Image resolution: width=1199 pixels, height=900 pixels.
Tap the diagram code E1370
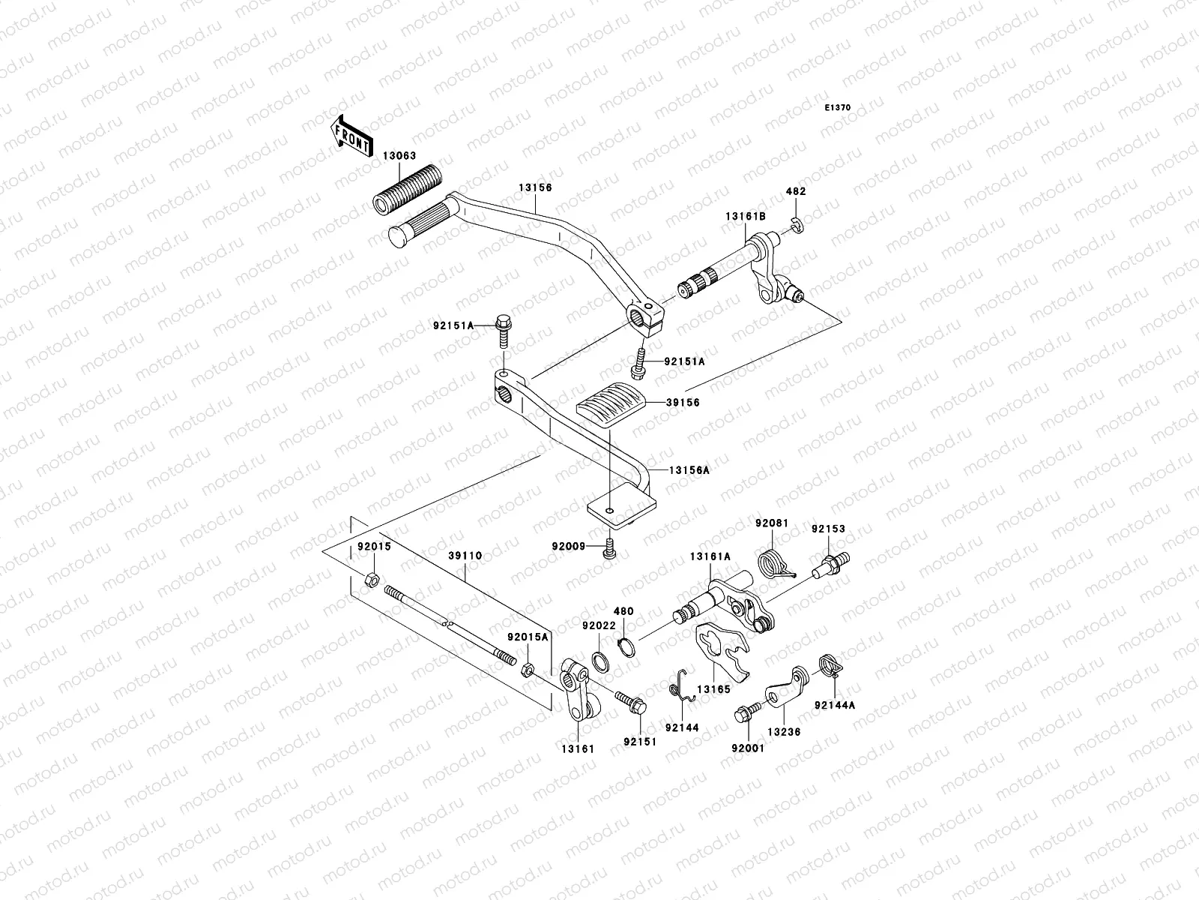[x=839, y=108]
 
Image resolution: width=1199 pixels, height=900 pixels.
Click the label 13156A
[x=689, y=470]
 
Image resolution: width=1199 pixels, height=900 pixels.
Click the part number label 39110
[x=465, y=556]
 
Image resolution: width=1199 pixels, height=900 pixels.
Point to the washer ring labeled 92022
[x=600, y=661]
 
